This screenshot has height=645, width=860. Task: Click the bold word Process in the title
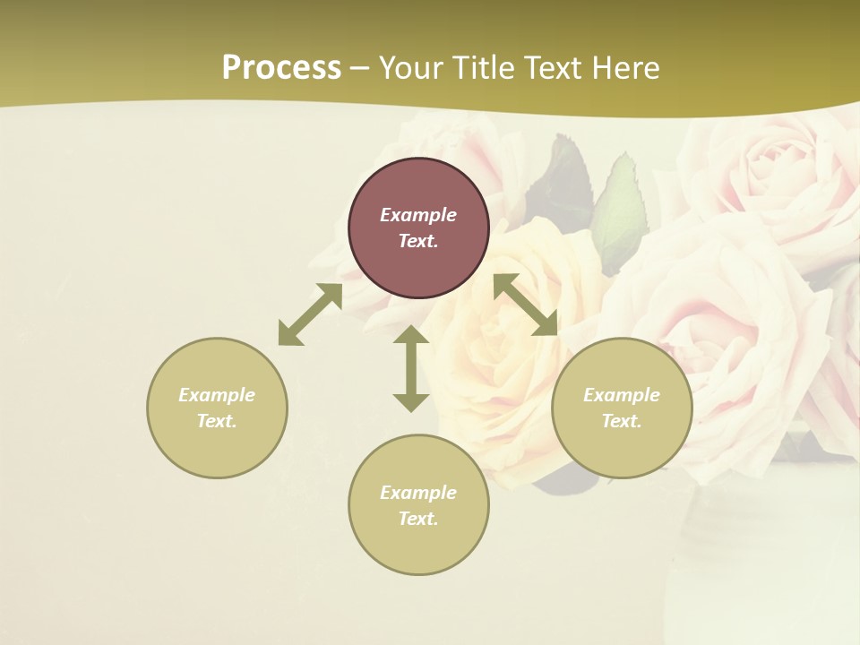click(281, 68)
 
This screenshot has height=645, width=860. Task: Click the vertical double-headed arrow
click(411, 368)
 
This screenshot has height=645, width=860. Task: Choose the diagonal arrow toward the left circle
click(310, 314)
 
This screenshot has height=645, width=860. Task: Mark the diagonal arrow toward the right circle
click(526, 305)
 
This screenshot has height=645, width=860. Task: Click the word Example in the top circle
click(418, 215)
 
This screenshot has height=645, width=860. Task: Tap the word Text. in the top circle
click(418, 241)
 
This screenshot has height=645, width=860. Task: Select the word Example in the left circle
click(217, 395)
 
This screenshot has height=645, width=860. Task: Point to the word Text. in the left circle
click(217, 421)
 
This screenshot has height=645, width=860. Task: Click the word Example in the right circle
click(622, 395)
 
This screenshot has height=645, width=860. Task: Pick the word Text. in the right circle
click(622, 421)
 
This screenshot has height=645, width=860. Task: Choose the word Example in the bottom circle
click(418, 493)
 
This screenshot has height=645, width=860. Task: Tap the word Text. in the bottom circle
click(418, 519)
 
